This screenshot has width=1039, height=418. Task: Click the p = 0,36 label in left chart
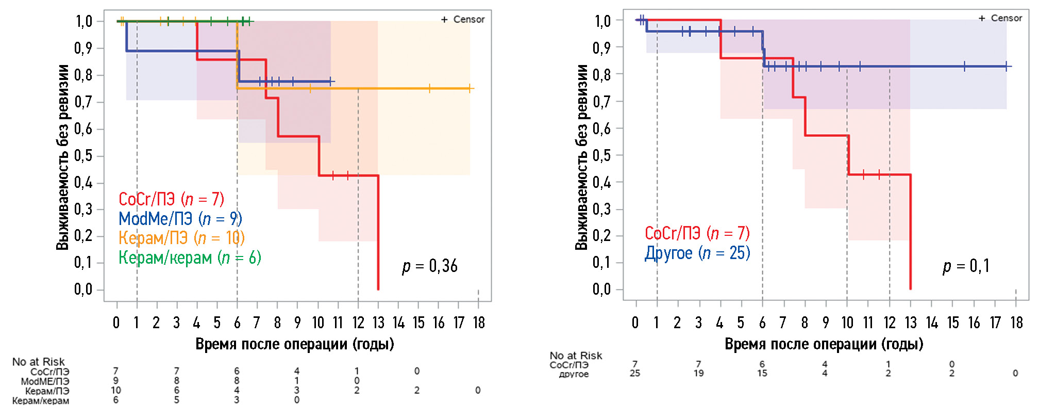pos(430,266)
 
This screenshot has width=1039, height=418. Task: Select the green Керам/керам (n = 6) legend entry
pos(190,258)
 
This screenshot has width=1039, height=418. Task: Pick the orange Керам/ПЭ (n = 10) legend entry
pos(181,238)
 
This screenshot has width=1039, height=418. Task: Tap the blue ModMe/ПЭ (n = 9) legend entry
pos(180,219)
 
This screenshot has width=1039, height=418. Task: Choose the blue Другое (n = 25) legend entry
pos(697,253)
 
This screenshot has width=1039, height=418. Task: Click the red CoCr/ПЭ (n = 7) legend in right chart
pos(697,233)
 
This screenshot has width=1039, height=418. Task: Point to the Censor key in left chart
pos(463,20)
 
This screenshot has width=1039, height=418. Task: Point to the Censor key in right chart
pos(1000,18)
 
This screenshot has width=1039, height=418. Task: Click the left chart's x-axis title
pos(295,344)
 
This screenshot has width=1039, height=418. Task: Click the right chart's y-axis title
pos(581,157)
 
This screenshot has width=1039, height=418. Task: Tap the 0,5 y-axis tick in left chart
pos(83,156)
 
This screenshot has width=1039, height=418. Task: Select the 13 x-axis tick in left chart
pos(378,323)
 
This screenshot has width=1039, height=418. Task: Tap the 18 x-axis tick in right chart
pos(1016,323)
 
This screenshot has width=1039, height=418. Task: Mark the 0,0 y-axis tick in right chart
pos(601,290)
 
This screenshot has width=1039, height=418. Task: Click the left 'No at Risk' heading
pos(38,362)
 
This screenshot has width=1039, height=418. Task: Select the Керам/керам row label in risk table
pos(41,400)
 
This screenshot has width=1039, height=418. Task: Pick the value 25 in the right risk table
pos(635,373)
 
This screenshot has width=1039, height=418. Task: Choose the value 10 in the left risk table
pos(116,390)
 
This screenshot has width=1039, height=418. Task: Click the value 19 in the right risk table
pos(698,373)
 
